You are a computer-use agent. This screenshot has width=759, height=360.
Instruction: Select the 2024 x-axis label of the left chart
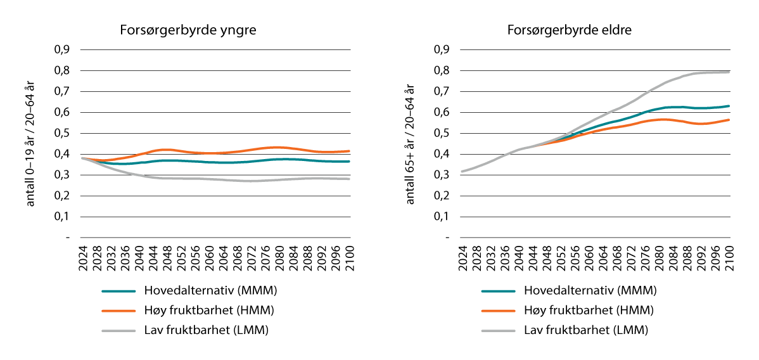click(x=83, y=258)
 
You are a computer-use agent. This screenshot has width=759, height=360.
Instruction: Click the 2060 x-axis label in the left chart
click(x=210, y=258)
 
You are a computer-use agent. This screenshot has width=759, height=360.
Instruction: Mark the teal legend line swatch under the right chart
click(x=499, y=291)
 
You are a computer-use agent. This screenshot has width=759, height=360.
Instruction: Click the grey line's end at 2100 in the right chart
click(x=730, y=72)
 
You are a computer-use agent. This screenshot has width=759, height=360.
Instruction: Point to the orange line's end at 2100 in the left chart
click(x=350, y=151)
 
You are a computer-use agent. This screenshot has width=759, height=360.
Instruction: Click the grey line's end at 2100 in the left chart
click(x=350, y=179)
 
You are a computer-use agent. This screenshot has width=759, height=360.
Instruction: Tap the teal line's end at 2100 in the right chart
click(x=730, y=106)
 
